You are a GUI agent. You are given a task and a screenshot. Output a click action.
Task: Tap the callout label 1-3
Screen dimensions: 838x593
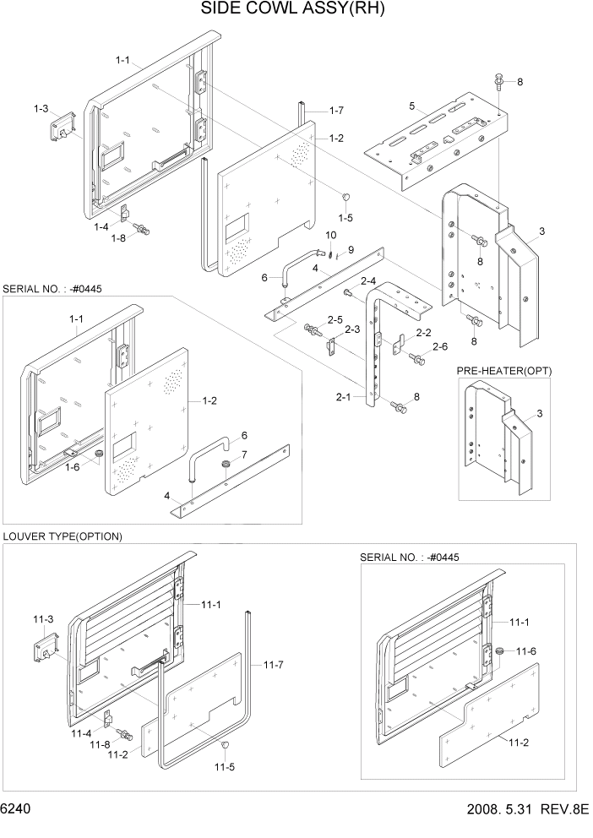[41, 109]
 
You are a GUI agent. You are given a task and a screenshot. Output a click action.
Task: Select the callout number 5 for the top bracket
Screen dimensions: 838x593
[411, 106]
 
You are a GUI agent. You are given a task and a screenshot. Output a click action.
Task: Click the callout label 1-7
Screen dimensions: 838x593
[336, 111]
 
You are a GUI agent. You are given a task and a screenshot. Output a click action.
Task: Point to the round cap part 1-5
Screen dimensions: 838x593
[345, 197]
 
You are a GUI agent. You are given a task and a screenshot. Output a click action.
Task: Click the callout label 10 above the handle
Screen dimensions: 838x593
[331, 235]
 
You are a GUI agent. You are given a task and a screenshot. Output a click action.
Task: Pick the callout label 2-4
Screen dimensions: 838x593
[367, 280]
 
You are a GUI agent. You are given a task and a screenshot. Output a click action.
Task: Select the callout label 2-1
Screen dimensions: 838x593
[344, 395]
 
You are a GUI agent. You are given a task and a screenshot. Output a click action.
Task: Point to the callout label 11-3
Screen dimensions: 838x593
[43, 620]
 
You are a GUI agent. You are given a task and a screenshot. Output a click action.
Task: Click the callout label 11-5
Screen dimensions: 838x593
[224, 767]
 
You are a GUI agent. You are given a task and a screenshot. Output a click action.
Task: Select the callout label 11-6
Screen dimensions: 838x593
[525, 650]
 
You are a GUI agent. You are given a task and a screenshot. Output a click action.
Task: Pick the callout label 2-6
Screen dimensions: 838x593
[439, 346]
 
